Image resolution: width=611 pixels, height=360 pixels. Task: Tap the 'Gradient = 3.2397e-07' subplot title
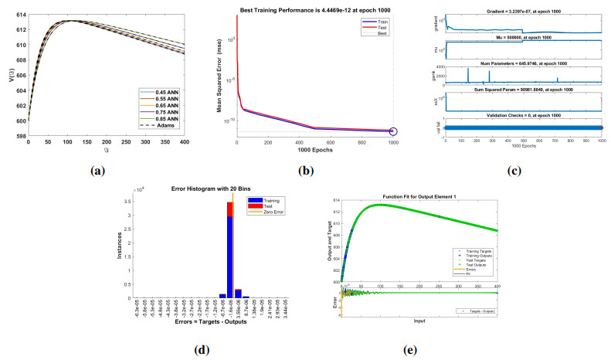coord(521,6)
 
